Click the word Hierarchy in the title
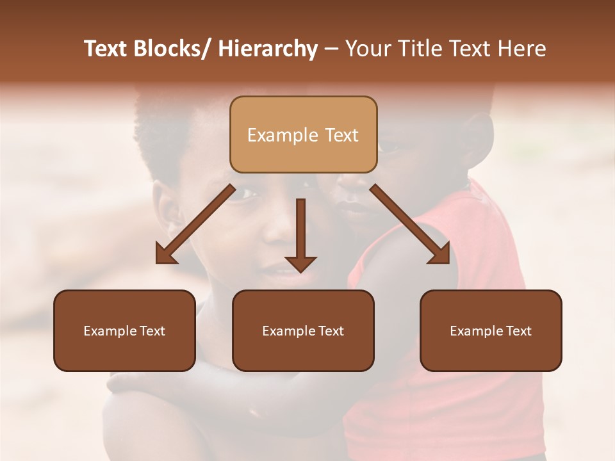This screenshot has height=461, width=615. click(268, 49)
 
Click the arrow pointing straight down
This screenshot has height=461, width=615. click(300, 234)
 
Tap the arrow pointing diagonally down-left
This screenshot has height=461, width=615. click(195, 224)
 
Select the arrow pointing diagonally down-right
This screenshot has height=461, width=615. click(410, 224)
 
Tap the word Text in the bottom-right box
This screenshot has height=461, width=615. click(518, 331)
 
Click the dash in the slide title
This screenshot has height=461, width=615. click(331, 49)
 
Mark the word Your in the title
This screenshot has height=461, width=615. click(367, 49)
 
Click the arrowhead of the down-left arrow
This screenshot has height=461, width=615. click(166, 254)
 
